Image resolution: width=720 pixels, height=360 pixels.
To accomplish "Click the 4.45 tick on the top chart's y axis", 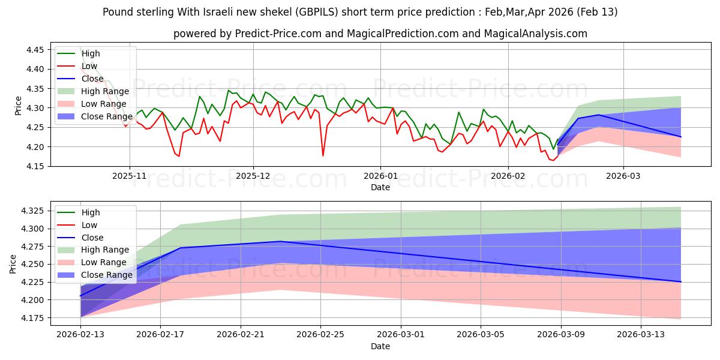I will [x=35, y=50].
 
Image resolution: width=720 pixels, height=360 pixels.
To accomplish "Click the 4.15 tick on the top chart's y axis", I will [x=35, y=166].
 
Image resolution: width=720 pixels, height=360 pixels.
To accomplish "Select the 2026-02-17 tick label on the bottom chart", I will [x=160, y=334].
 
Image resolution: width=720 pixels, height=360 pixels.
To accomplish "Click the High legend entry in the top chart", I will [x=91, y=54].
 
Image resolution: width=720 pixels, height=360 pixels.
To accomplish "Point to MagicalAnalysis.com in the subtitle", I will [x=538, y=34].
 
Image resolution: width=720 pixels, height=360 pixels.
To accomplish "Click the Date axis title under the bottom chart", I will [x=380, y=346].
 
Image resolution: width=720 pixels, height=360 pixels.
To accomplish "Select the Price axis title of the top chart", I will [x=18, y=108].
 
